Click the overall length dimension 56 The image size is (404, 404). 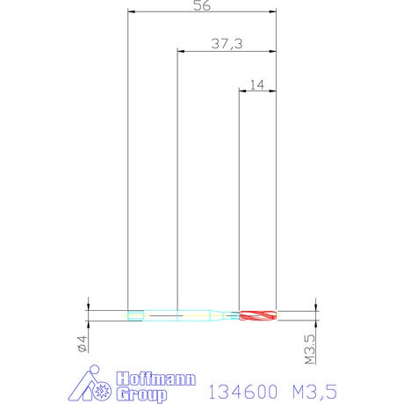(202, 5)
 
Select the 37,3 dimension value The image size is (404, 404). (227, 44)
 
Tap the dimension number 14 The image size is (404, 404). (256, 85)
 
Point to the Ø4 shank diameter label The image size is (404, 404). (83, 343)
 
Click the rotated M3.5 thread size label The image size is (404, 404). (310, 349)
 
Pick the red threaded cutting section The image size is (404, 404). (257, 315)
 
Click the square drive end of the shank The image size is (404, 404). (135, 315)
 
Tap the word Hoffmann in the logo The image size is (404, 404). (155, 379)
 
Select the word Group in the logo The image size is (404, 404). (141, 394)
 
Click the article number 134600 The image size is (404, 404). (242, 392)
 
